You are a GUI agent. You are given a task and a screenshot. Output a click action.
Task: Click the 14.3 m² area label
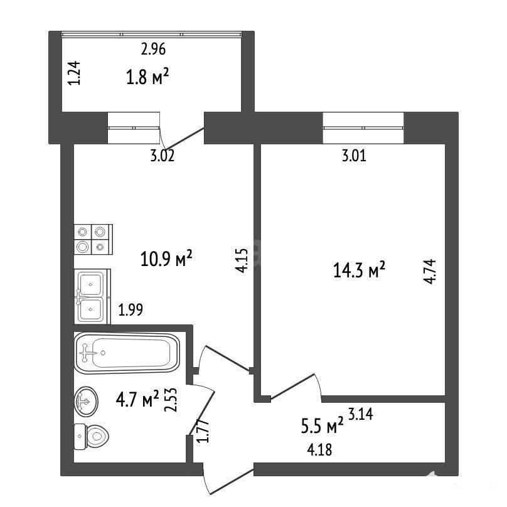(x=359, y=270)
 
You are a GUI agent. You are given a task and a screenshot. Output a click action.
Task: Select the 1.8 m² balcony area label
(x=147, y=77)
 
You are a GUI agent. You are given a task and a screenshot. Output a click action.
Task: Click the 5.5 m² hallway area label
(x=322, y=425)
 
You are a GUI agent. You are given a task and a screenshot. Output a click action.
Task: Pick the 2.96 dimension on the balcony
(x=153, y=49)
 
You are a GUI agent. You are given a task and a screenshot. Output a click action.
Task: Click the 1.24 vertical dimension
(x=74, y=73)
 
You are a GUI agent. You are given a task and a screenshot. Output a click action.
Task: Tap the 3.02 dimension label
(x=163, y=156)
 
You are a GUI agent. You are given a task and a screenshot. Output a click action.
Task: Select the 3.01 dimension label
(x=354, y=156)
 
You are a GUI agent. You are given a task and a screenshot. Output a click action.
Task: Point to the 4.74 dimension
(x=430, y=272)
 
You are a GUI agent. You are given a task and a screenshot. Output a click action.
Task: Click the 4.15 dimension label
(x=241, y=260)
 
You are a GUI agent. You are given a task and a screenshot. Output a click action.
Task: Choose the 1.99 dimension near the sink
(x=131, y=310)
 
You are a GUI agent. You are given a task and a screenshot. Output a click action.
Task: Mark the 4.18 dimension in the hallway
(x=319, y=450)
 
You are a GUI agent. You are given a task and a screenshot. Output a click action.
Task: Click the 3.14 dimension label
(x=361, y=414)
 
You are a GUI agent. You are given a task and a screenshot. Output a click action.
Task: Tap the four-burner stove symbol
(x=93, y=239)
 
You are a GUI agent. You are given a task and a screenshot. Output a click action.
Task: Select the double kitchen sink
(x=92, y=297)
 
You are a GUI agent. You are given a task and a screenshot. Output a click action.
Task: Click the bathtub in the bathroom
(x=127, y=353)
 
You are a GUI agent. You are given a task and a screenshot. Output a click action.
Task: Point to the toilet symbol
(x=92, y=437)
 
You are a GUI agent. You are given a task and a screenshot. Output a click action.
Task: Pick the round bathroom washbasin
(x=86, y=402)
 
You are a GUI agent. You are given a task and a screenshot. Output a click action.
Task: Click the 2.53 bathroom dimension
(x=171, y=400)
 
